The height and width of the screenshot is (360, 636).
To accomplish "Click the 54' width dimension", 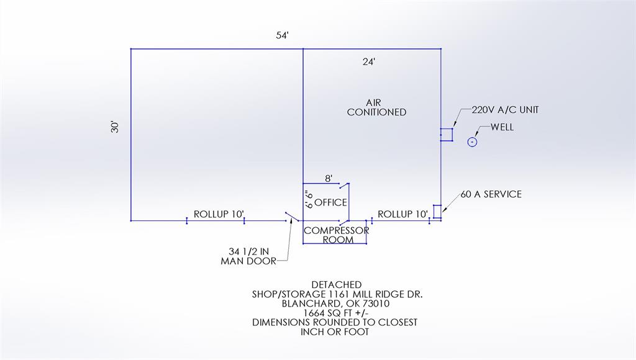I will click(283, 36).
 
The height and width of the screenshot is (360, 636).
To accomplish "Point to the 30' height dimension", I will click(114, 127).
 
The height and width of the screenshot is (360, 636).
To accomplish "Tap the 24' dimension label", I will click(369, 61).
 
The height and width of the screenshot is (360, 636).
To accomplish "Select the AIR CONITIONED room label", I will click(376, 107).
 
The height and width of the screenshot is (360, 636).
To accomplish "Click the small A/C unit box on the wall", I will click(446, 135).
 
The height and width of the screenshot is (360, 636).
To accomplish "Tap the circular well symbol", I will click(472, 142).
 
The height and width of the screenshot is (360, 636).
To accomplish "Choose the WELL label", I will click(502, 127).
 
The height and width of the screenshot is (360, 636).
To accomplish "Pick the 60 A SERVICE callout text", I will click(491, 194).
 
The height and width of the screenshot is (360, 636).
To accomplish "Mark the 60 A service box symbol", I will click(437, 212).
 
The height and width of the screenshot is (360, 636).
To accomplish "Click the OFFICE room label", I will click(330, 202).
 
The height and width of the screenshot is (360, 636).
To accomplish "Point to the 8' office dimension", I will click(329, 178).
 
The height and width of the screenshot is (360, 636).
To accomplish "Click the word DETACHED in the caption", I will click(336, 284).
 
